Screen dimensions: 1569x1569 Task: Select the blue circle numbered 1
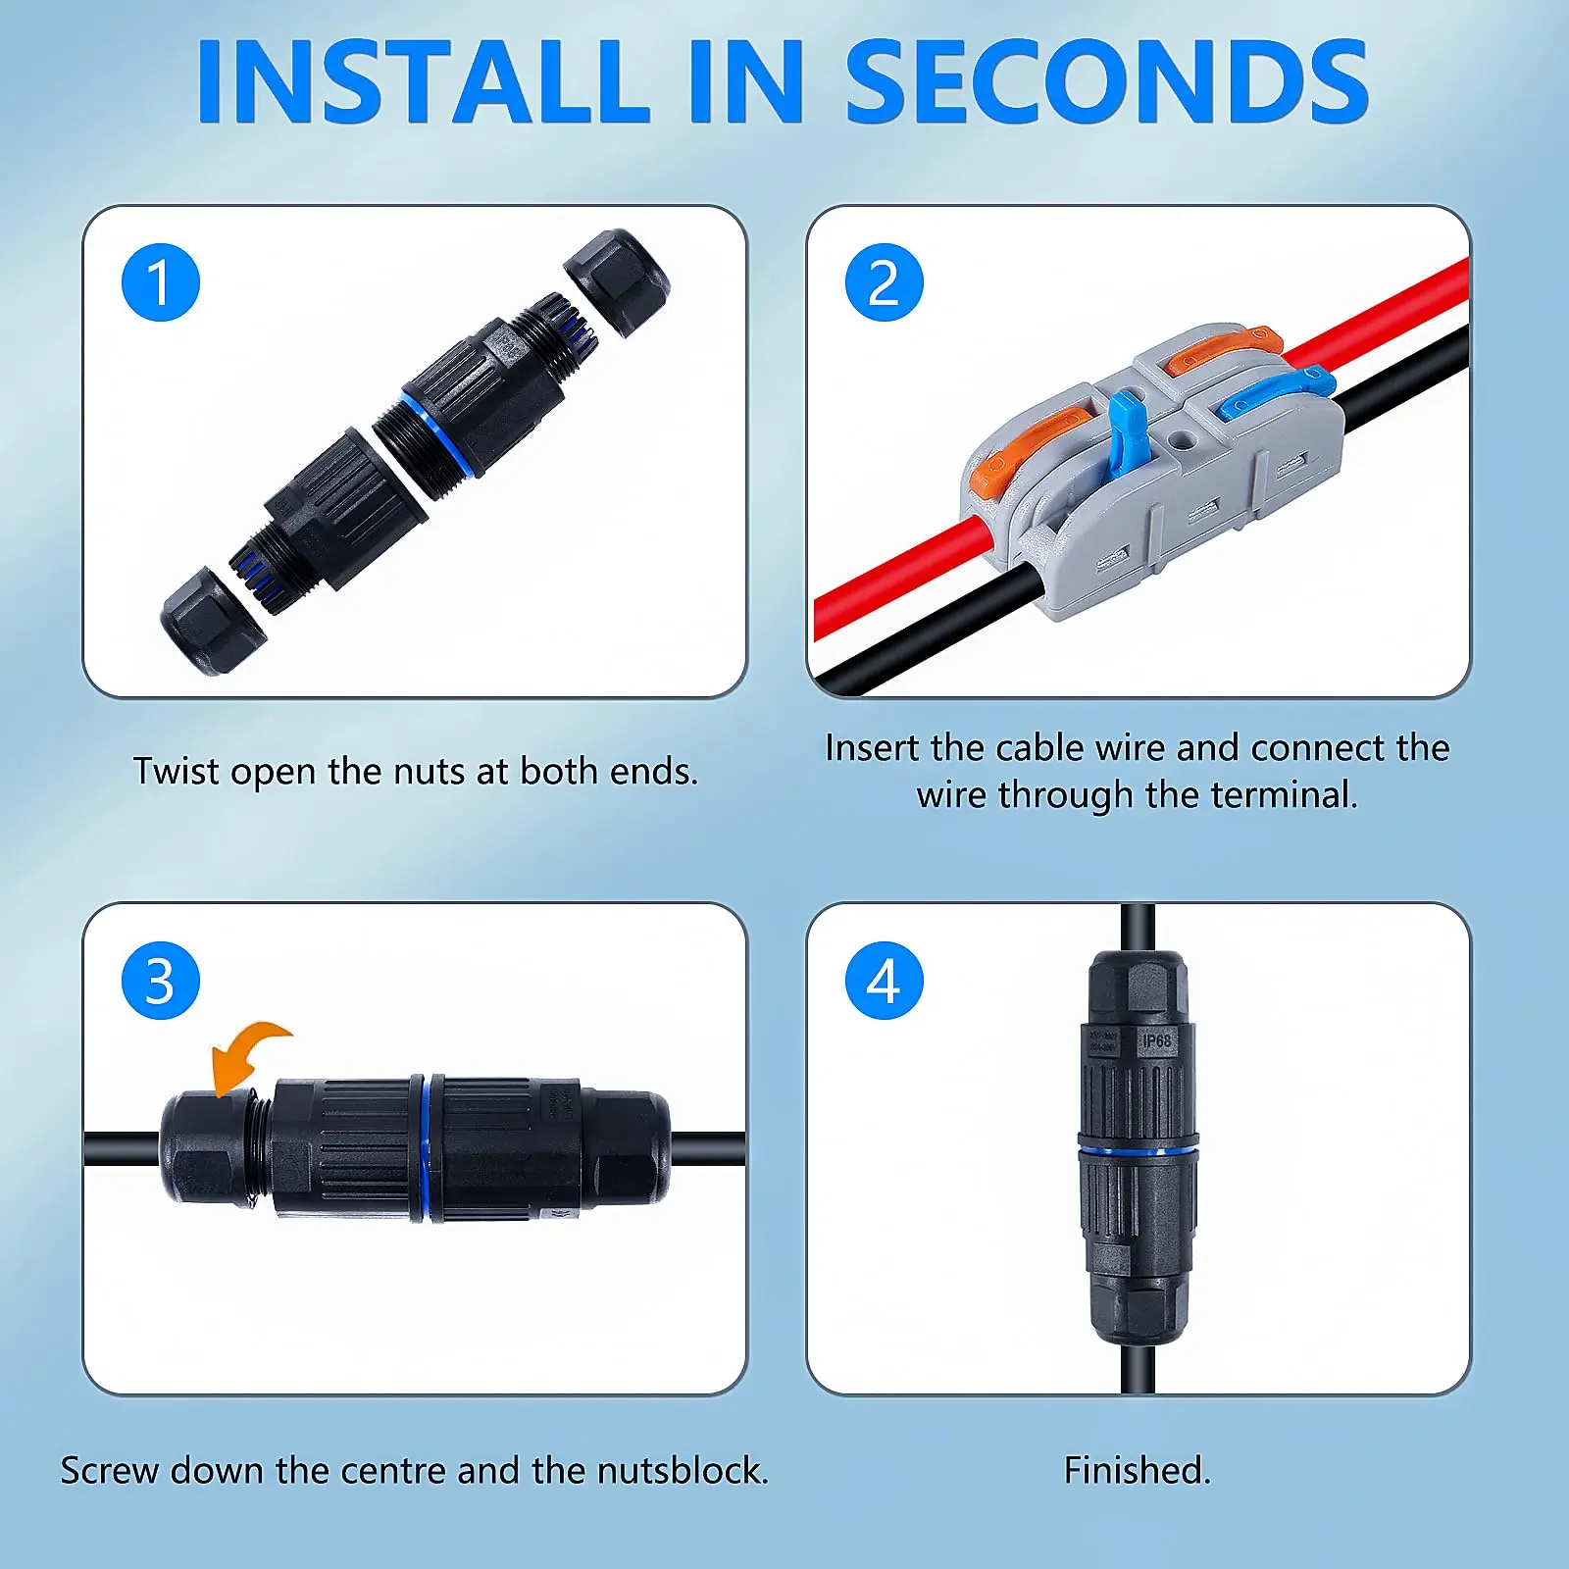(161, 282)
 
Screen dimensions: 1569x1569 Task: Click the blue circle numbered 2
(885, 282)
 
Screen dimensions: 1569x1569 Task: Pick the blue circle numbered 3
(161, 981)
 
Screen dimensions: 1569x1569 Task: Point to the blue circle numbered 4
(885, 981)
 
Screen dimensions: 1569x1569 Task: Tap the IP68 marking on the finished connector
(1156, 1040)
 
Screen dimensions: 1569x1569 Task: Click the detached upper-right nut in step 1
(617, 281)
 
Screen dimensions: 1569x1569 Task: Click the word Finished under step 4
(1137, 1470)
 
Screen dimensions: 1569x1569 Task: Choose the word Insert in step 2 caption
(872, 748)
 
